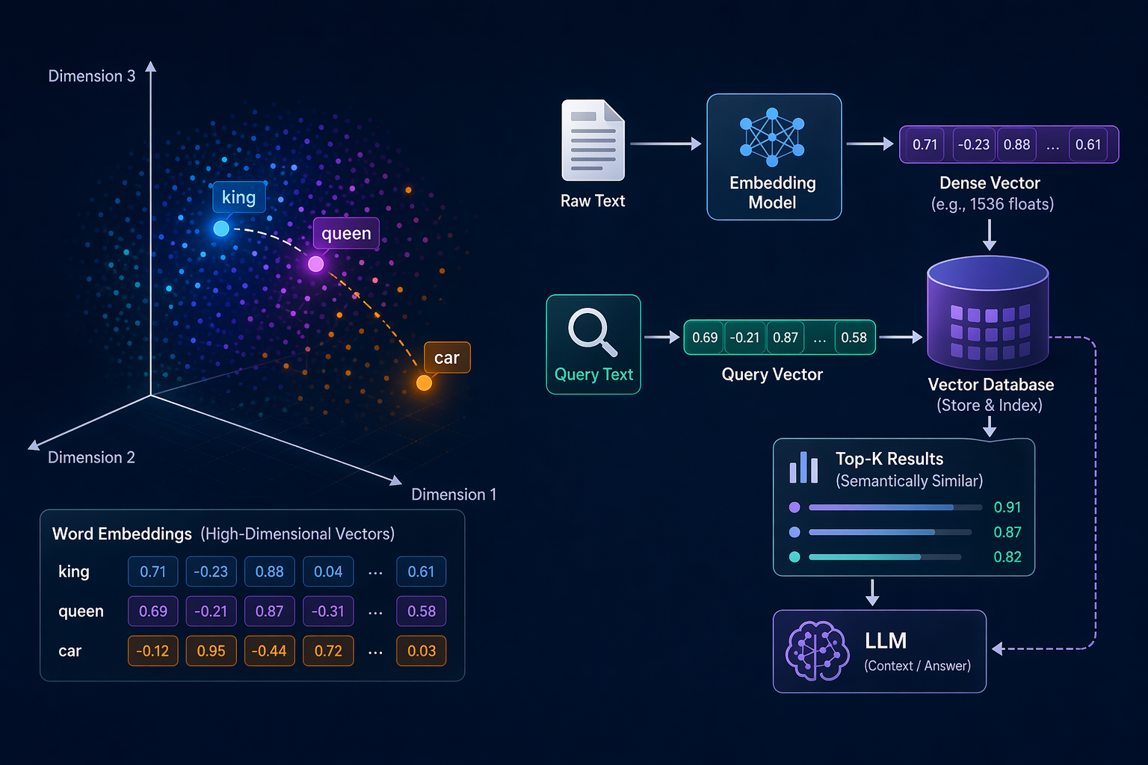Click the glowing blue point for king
[x=221, y=228]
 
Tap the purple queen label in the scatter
[x=347, y=233]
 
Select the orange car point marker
[x=424, y=382]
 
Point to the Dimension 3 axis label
[x=92, y=76]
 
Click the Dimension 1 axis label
[x=454, y=495]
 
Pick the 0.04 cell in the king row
[x=328, y=572]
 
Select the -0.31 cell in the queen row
[x=328, y=611]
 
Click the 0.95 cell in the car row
[x=212, y=651]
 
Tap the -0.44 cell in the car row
[x=270, y=651]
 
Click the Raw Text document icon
[x=593, y=140]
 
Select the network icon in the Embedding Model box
[x=772, y=137]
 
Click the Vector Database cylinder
[x=988, y=312]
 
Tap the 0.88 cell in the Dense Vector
[x=1016, y=144]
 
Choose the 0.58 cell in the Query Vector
[x=854, y=337]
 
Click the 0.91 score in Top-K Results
[x=1007, y=507]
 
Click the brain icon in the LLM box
[x=817, y=651]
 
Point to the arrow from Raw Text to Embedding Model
[x=666, y=144]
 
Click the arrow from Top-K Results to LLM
[x=872, y=593]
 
